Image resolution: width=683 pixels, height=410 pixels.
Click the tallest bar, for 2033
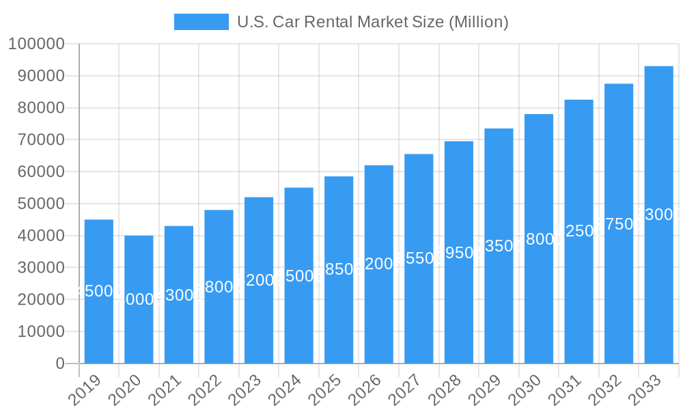point(658,287)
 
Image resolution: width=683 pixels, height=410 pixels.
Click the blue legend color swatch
point(201,22)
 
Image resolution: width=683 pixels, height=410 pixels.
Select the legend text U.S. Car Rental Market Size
point(372,22)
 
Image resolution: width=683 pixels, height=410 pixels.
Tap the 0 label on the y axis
point(60,364)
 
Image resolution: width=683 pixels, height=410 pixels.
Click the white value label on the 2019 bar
point(99,291)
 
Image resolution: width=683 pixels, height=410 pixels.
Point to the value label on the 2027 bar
point(419,258)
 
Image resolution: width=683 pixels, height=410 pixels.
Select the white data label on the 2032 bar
point(619,224)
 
